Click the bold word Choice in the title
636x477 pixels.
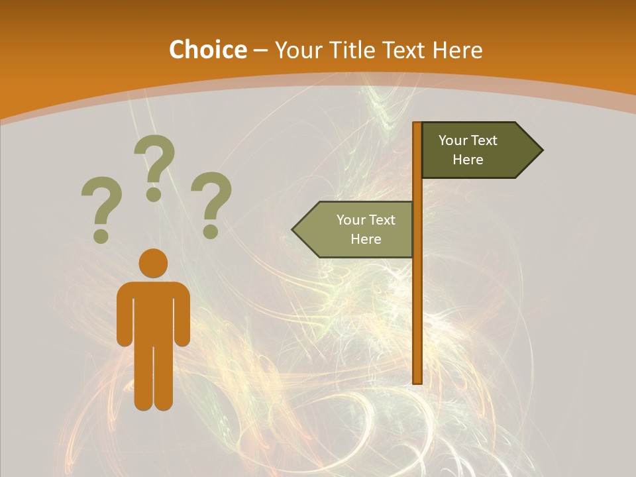click(207, 50)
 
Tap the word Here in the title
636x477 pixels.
click(457, 50)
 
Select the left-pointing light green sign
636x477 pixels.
click(358, 229)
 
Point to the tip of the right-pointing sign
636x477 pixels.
click(541, 150)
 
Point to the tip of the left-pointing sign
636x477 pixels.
click(293, 230)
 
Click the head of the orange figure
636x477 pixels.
click(153, 263)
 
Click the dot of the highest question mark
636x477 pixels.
click(154, 194)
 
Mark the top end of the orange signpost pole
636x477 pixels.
click(417, 125)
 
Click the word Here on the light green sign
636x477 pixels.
click(366, 239)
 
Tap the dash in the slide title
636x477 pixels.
click(260, 50)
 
